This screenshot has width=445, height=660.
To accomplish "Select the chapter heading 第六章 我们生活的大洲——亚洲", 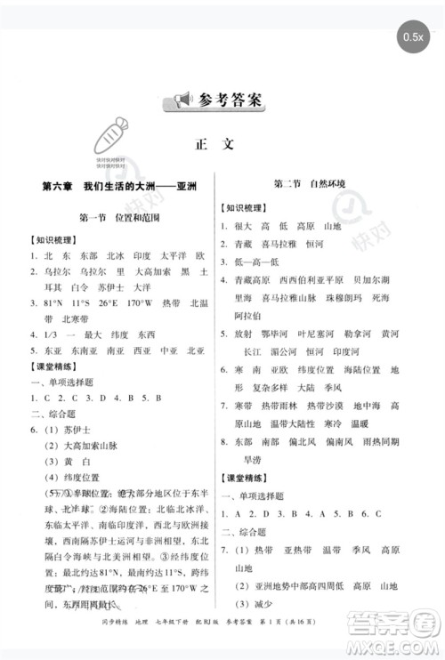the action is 118,188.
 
